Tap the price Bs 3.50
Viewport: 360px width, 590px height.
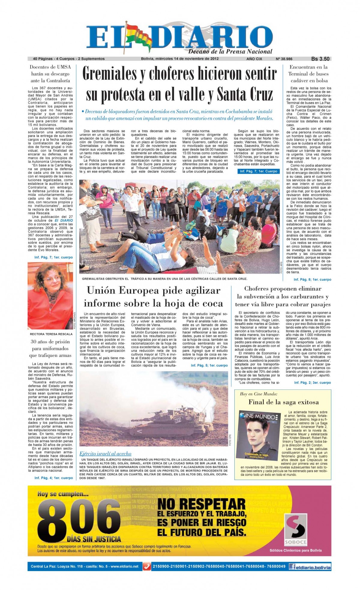(x=320, y=59)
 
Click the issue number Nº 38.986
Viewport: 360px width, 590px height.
(x=284, y=59)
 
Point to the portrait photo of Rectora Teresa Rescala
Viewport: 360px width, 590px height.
(x=50, y=296)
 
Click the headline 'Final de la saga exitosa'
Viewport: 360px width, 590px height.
(x=283, y=402)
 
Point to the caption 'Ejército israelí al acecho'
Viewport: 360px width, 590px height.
(x=105, y=454)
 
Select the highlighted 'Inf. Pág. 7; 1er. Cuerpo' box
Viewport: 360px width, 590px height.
(x=259, y=171)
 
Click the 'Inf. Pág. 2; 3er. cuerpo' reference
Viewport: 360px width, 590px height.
(x=312, y=382)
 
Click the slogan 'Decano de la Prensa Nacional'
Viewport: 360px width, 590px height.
(x=230, y=51)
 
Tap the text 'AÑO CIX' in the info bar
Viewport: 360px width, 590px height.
(x=254, y=59)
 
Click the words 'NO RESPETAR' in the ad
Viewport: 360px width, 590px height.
(x=202, y=504)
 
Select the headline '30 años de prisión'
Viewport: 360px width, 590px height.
(x=50, y=342)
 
